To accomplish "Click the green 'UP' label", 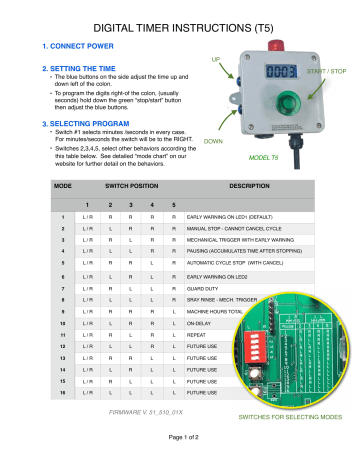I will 214,60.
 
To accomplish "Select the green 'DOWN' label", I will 213,142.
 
